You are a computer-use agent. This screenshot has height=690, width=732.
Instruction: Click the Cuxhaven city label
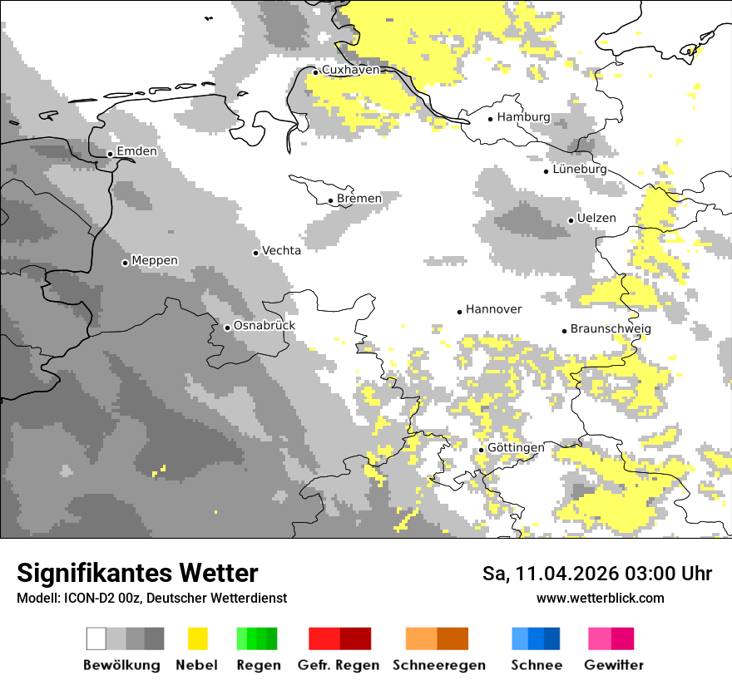coord(350,70)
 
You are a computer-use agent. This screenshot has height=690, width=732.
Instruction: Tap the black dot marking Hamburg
coord(491,118)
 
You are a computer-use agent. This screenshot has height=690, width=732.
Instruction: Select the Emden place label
coord(136,151)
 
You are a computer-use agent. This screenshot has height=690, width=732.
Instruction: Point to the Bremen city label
coord(359,198)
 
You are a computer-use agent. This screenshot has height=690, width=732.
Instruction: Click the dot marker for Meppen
coord(125,263)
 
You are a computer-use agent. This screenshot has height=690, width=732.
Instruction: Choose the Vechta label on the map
coord(282,250)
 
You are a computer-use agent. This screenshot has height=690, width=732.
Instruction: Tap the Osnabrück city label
coord(265,326)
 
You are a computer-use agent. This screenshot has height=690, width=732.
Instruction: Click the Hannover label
coord(493,309)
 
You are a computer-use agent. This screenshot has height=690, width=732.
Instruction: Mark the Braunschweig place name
coord(611,328)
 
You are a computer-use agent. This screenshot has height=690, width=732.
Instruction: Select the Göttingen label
coord(516,447)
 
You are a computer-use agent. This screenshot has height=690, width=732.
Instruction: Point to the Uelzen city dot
coord(571,220)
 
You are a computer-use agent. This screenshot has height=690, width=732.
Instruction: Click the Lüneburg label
coord(580,169)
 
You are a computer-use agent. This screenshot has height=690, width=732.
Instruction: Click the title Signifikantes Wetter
coord(137,573)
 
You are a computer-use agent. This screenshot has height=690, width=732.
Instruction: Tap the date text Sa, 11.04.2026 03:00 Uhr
coord(597,574)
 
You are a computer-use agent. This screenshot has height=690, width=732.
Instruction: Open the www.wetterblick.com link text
coord(600,598)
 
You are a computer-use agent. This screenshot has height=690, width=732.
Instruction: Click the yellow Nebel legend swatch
coord(197,638)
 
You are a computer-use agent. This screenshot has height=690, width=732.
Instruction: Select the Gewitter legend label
coord(613,665)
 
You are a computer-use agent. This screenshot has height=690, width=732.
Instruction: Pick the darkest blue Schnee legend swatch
coord(552,638)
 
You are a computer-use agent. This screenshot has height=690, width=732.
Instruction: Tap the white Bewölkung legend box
coord(96,638)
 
